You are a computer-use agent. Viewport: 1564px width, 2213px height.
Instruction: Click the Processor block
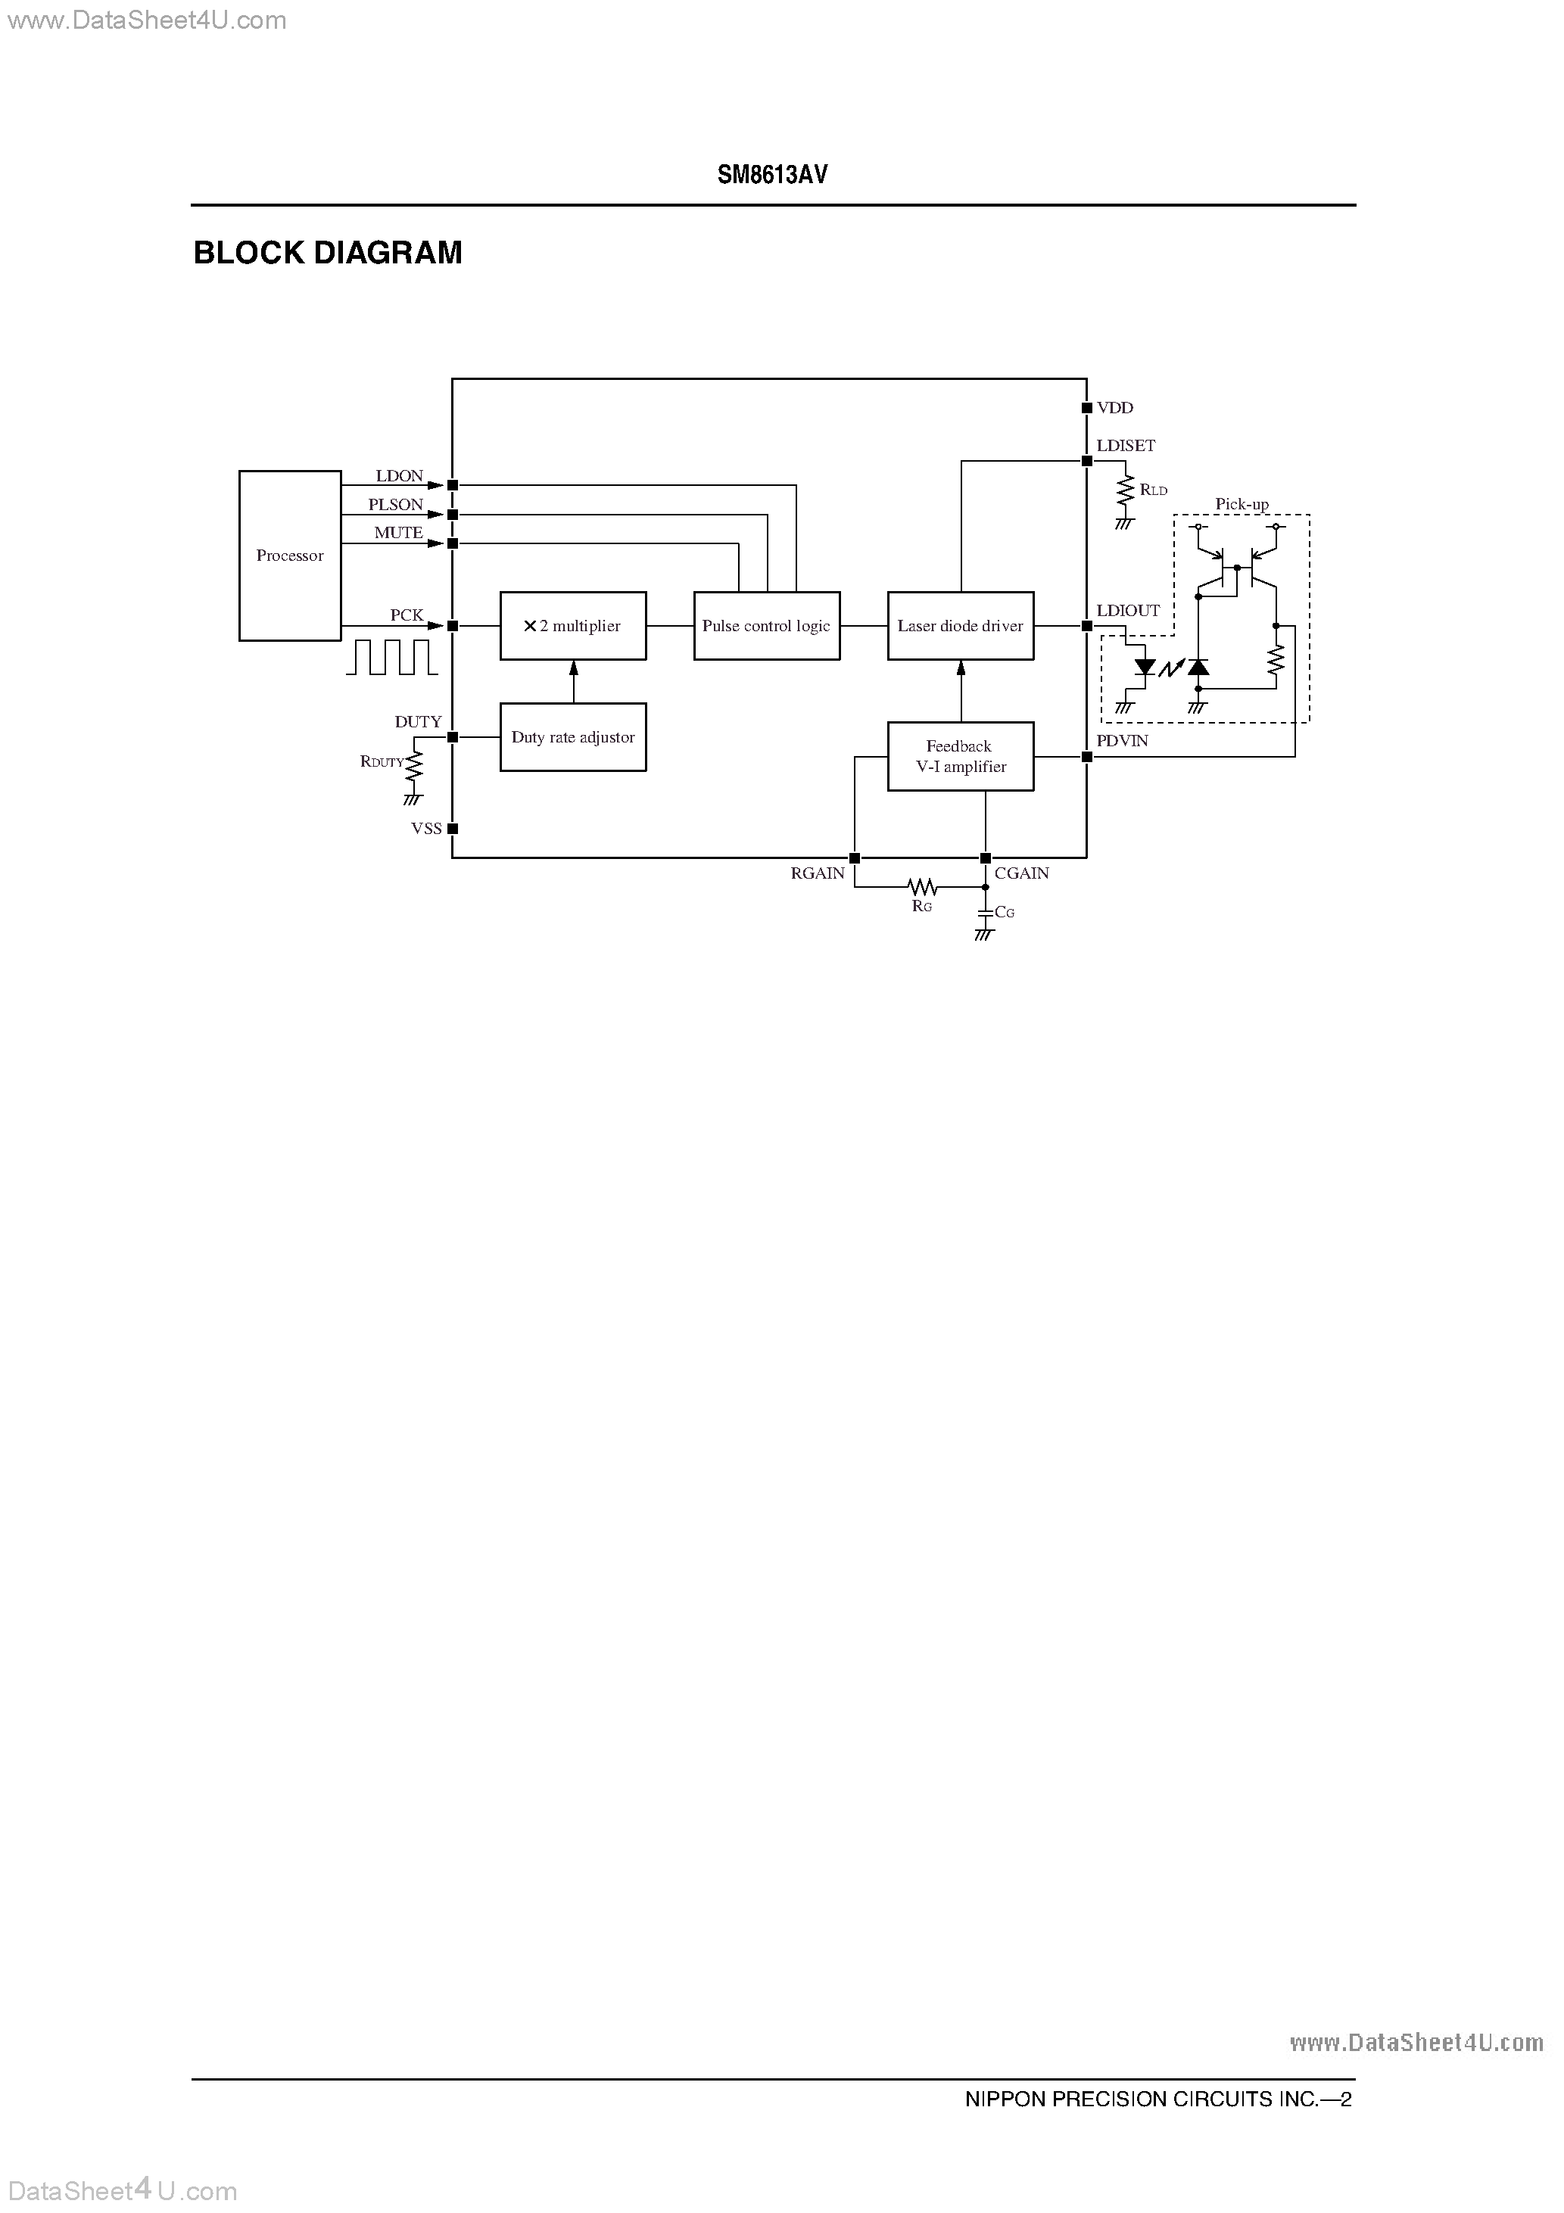tap(289, 556)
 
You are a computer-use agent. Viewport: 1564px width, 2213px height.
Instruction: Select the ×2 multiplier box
tap(573, 626)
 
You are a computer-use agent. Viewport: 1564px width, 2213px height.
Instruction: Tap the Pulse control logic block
tap(767, 626)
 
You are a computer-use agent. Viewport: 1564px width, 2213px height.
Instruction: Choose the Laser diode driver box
tap(961, 626)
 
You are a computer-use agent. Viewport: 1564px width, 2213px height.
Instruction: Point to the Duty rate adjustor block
tap(573, 737)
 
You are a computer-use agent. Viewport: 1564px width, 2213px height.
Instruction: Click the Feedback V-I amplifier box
tap(961, 757)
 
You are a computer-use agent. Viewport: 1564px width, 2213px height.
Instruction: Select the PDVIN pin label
tap(1123, 741)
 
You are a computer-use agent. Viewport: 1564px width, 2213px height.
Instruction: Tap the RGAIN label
tap(818, 873)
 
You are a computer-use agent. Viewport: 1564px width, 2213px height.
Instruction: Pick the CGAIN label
tap(1022, 873)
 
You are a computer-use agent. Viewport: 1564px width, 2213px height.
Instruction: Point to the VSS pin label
tap(426, 828)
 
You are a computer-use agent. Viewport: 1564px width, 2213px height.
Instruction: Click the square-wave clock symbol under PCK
tap(392, 658)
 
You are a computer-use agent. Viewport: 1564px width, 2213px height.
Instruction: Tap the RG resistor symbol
tap(923, 886)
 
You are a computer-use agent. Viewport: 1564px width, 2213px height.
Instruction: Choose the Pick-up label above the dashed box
tap(1242, 504)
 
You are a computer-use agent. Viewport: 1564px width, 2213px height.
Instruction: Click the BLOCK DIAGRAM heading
tap(328, 253)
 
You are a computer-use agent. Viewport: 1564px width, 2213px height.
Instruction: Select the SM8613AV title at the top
tap(772, 175)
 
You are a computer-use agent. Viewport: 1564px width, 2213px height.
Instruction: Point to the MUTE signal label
tap(398, 532)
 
